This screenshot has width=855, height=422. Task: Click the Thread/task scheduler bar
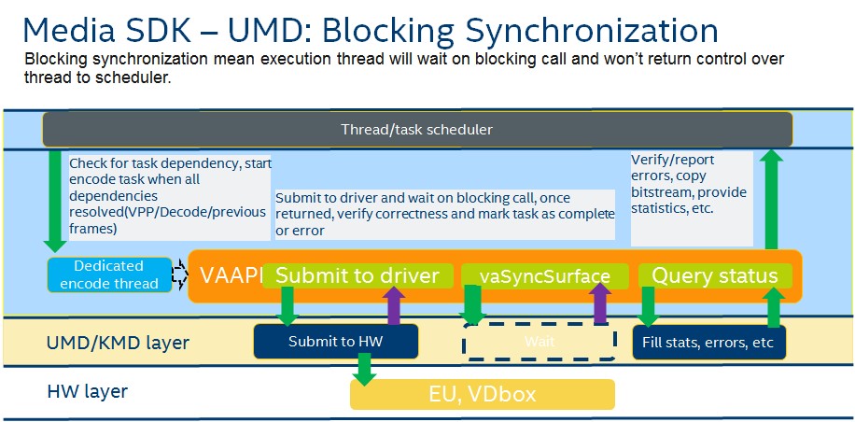pos(416,129)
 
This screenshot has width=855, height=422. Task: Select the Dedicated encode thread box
pos(110,274)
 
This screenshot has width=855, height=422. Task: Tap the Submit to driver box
pos(357,275)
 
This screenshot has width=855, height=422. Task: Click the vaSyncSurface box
pos(545,276)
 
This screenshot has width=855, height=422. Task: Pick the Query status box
pos(714,275)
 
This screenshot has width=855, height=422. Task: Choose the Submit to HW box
pos(334,342)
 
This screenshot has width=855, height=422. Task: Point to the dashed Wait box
pos(539,342)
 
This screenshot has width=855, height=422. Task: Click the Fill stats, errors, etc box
pos(708,342)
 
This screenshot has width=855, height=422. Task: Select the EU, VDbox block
pos(482,394)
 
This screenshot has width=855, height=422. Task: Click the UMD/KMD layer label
pos(118,344)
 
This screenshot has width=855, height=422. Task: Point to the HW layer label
pos(87,391)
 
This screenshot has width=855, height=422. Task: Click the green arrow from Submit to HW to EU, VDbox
pos(362,371)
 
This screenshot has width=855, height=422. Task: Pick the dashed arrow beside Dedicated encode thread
pos(179,274)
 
